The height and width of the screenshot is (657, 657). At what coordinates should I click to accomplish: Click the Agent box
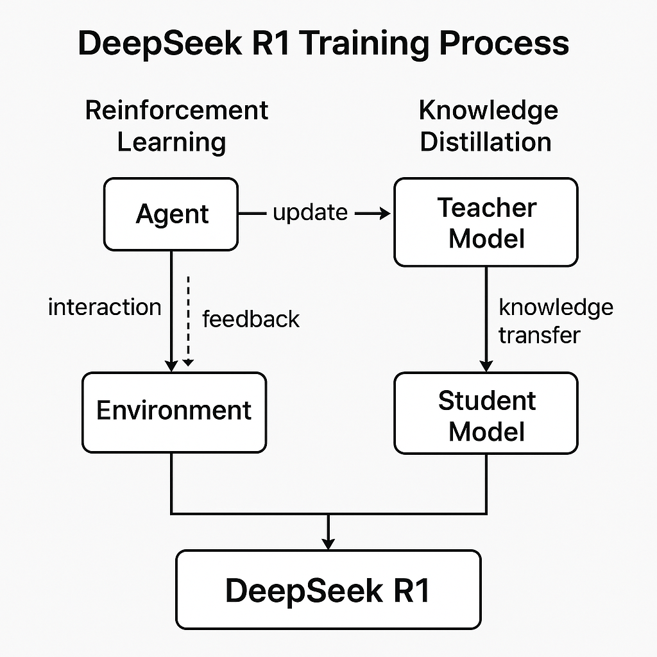pyautogui.click(x=171, y=214)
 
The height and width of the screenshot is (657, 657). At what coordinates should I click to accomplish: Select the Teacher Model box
pyautogui.click(x=486, y=223)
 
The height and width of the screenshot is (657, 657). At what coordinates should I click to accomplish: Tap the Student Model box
pyautogui.click(x=486, y=414)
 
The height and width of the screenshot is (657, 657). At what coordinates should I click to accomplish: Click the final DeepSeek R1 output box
pyautogui.click(x=328, y=589)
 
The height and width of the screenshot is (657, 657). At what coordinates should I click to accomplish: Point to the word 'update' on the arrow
pyautogui.click(x=310, y=212)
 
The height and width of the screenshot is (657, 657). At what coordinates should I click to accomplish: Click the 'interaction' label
pyautogui.click(x=105, y=307)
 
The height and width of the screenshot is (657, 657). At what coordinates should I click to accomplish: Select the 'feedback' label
pyautogui.click(x=251, y=319)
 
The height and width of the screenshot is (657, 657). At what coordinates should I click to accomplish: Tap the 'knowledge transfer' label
pyautogui.click(x=555, y=321)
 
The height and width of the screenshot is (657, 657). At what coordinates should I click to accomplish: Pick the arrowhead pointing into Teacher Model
pyautogui.click(x=384, y=214)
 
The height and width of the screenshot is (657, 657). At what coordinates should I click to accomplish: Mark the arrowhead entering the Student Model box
pyautogui.click(x=486, y=366)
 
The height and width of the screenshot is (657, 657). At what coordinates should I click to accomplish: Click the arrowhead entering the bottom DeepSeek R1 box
pyautogui.click(x=328, y=543)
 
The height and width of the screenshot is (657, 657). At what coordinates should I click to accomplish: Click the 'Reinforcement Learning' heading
pyautogui.click(x=176, y=126)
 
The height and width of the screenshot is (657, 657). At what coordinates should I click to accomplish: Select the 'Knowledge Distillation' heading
pyautogui.click(x=488, y=126)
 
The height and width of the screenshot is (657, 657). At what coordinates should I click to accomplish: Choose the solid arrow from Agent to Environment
pyautogui.click(x=171, y=308)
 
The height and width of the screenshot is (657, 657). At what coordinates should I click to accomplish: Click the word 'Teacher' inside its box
pyautogui.click(x=486, y=208)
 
